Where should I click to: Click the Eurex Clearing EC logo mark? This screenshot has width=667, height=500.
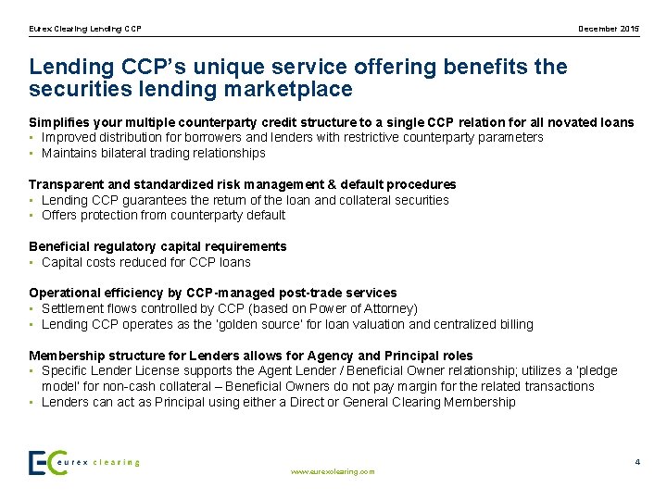pos(47,462)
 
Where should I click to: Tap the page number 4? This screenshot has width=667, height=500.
pos(636,461)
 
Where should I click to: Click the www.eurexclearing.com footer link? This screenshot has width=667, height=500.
pos(333,471)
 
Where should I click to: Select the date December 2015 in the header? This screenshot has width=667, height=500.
pos(609,29)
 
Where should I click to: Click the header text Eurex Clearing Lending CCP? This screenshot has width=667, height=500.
pos(85,29)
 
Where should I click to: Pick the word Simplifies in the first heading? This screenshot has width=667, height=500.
pos(57,122)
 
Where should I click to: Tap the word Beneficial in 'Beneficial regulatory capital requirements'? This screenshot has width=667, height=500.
pos(58,246)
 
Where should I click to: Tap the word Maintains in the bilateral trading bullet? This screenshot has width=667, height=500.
pos(70,153)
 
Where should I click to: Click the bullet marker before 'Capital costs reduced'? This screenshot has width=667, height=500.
pos(31,262)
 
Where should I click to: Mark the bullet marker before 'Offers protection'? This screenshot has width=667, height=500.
pos(31,215)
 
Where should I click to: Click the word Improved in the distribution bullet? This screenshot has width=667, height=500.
pos(69,137)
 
